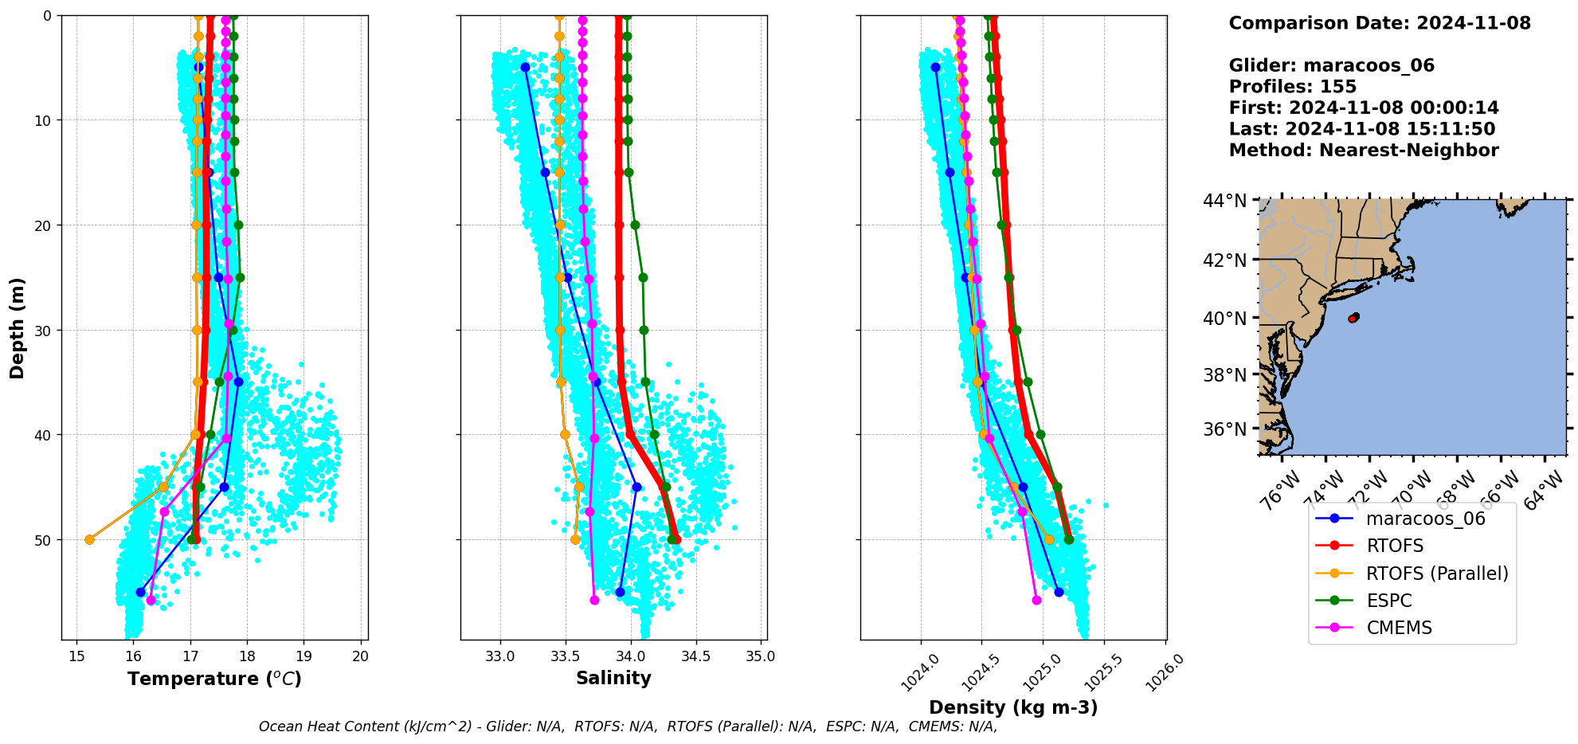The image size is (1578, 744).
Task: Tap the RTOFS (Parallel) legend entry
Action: pyautogui.click(x=1436, y=574)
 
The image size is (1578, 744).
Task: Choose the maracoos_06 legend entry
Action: pyautogui.click(x=1425, y=519)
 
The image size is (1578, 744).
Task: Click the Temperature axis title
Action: pyautogui.click(x=214, y=679)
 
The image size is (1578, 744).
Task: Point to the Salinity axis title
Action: pyautogui.click(x=613, y=679)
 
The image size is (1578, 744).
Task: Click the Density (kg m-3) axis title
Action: pyautogui.click(x=1013, y=707)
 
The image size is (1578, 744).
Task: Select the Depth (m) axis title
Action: pyautogui.click(x=18, y=327)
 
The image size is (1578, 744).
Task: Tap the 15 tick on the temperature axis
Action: pyautogui.click(x=76, y=656)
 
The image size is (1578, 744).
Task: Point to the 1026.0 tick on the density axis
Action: pyautogui.click(x=1164, y=673)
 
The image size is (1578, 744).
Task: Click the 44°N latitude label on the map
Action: pyautogui.click(x=1224, y=201)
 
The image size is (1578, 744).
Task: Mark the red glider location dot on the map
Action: pyautogui.click(x=1353, y=318)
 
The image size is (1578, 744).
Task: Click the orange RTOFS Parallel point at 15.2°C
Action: pyautogui.click(x=89, y=539)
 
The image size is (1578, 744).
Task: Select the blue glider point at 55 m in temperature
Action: pyautogui.click(x=141, y=592)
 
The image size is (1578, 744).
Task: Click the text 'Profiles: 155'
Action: pyautogui.click(x=1292, y=87)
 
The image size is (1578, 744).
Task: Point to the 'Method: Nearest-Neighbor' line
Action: pyautogui.click(x=1363, y=150)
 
